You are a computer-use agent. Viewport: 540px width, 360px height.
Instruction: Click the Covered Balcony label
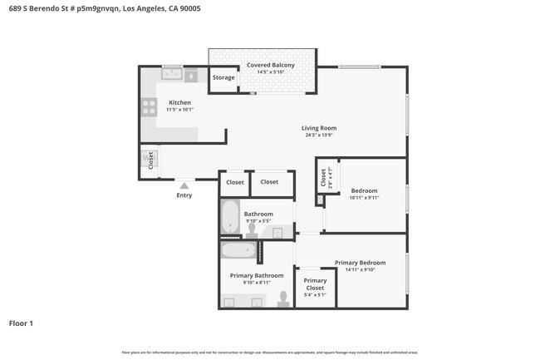pos(270,65)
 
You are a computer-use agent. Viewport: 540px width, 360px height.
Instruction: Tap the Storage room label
pos(223,77)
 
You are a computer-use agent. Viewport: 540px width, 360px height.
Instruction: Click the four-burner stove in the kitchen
pos(150,106)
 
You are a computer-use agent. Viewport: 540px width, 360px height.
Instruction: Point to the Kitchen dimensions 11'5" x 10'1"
pos(179,109)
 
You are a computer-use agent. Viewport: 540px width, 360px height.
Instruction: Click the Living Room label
pos(318,128)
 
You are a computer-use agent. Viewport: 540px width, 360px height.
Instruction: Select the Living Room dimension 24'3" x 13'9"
pos(318,136)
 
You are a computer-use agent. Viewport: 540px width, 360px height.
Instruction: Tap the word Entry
pos(184,195)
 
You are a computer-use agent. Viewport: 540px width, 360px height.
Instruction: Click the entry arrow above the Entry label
pos(184,185)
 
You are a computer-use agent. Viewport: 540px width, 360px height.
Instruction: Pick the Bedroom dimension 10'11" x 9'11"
pos(364,198)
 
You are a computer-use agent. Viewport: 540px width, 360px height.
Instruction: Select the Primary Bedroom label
pos(360,263)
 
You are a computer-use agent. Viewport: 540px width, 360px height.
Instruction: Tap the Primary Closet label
pos(315,284)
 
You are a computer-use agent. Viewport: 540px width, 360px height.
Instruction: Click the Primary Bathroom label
pos(257,275)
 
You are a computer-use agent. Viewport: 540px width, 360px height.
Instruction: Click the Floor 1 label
pos(21,323)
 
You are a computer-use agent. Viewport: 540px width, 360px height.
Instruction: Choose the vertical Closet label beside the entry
pos(151,160)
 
